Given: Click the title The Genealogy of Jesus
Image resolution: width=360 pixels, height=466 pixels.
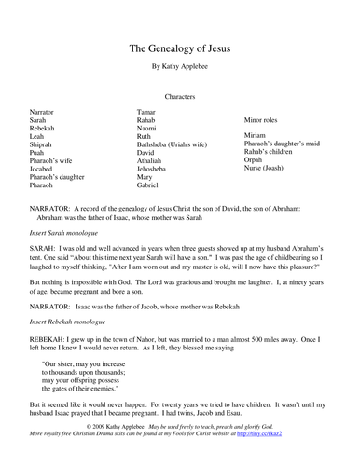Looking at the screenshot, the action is pos(180,48).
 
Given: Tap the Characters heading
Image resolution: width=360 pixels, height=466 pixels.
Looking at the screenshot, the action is pos(180,95).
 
